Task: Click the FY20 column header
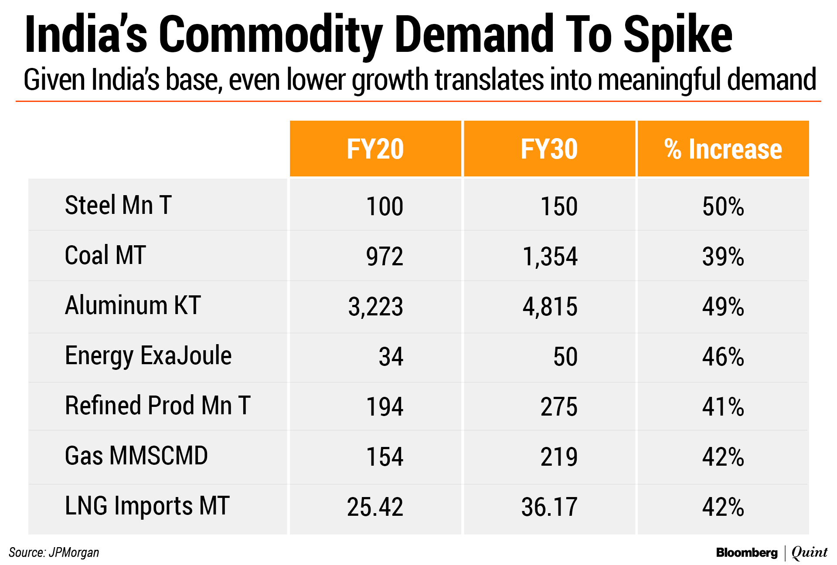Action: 375,149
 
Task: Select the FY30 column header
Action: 549,149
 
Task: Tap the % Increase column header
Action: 723,149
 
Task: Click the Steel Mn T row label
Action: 118,205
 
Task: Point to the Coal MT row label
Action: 105,255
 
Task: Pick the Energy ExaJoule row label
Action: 148,355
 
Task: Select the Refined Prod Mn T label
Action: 157,406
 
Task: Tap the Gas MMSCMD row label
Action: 136,456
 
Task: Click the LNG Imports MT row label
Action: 147,506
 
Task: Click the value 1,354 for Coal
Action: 550,256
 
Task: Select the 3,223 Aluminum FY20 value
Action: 375,306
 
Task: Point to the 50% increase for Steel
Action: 723,206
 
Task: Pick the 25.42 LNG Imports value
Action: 375,507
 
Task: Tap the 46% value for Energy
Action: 723,357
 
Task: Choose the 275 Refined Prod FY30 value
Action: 559,407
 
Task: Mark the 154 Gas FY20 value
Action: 384,457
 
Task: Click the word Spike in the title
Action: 678,35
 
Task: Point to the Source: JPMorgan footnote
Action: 54,552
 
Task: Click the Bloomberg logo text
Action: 746,552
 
